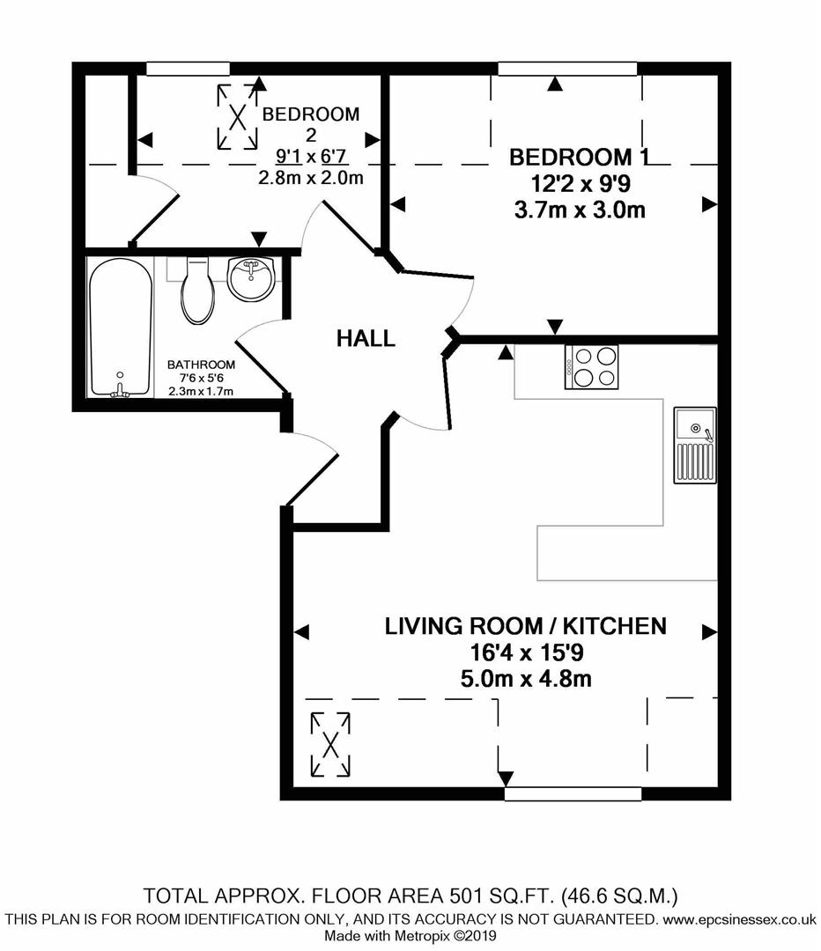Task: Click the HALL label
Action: click(366, 338)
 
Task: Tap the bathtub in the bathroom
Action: click(120, 328)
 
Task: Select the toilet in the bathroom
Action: click(197, 290)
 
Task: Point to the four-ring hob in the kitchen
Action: click(592, 367)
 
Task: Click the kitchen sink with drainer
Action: click(695, 446)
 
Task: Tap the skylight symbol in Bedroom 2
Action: click(237, 117)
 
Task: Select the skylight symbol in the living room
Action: click(330, 745)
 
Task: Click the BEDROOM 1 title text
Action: click(579, 157)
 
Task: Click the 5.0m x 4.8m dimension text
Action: click(526, 679)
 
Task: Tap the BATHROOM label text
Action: click(201, 365)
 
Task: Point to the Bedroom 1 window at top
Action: click(567, 69)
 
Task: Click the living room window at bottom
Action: click(573, 794)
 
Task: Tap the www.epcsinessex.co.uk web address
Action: click(740, 919)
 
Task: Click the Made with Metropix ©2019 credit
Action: click(410, 936)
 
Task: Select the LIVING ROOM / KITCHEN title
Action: click(526, 626)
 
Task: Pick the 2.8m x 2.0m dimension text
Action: click(311, 178)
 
